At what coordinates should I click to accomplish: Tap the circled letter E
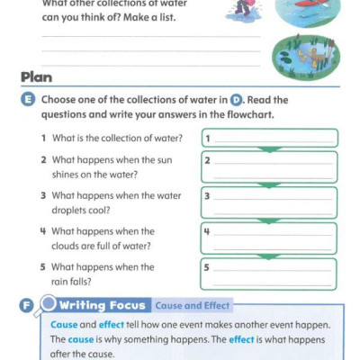click(x=28, y=100)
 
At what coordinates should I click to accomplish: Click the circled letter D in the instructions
click(x=237, y=100)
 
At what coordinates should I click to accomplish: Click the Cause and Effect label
click(x=193, y=305)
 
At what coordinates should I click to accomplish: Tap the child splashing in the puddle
click(x=240, y=11)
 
